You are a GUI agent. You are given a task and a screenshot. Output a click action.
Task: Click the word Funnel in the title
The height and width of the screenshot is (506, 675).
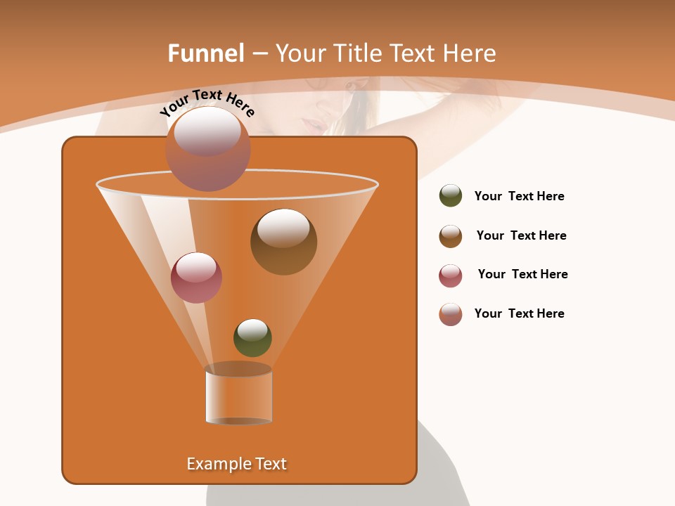205,53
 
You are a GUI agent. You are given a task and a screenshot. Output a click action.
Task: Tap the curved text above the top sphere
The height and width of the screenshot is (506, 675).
207,103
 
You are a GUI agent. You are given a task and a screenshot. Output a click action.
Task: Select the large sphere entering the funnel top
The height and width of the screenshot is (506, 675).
208,149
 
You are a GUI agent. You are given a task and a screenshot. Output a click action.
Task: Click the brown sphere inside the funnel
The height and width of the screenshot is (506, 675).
284,242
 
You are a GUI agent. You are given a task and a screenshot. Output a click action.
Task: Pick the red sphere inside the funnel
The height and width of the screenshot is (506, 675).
196,278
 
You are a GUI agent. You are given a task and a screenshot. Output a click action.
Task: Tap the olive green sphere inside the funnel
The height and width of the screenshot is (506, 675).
252,337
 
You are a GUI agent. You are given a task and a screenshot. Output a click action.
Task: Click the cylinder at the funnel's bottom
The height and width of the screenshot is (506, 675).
238,395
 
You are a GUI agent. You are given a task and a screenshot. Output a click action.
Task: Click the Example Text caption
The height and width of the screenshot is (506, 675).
237,464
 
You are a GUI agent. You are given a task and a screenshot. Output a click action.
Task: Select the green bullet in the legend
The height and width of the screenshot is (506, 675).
451,196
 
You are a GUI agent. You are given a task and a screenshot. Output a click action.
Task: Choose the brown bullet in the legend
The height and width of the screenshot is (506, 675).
451,236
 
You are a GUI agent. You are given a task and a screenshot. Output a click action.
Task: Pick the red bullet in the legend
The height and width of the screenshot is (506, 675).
451,275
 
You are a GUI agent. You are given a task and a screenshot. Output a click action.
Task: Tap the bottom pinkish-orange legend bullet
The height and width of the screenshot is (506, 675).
451,314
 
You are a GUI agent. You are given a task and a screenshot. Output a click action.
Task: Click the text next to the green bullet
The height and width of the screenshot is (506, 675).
519,197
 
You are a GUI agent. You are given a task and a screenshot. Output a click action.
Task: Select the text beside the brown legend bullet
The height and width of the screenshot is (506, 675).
521,236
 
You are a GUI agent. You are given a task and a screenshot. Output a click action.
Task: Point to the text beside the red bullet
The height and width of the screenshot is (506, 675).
522,275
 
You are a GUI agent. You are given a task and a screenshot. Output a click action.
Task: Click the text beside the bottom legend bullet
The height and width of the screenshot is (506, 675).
519,314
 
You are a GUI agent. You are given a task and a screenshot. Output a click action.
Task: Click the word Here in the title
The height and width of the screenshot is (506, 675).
471,53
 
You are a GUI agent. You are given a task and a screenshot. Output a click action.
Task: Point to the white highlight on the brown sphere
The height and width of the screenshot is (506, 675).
283,228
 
